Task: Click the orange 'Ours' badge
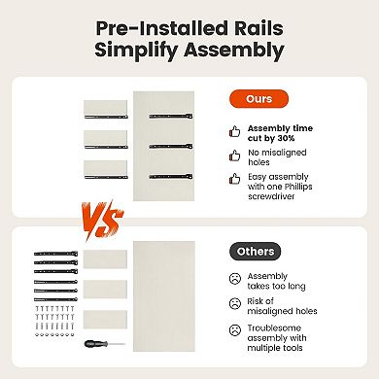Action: (x=258, y=99)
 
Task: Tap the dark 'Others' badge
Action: (x=256, y=252)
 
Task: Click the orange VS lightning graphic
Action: (x=102, y=221)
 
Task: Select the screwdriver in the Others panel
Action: (x=104, y=344)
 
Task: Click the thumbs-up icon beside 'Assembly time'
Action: (x=235, y=131)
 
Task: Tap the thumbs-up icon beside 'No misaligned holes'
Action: (x=235, y=155)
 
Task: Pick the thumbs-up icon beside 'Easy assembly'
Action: (x=235, y=179)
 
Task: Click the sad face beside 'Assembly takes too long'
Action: (x=235, y=279)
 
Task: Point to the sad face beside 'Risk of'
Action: (x=235, y=303)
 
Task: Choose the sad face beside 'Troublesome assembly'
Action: (x=235, y=330)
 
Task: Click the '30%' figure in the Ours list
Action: (x=286, y=138)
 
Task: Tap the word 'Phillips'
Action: (x=298, y=187)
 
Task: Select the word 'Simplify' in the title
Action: (x=136, y=51)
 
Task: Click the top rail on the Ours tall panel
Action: (x=171, y=116)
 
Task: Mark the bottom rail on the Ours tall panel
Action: (x=171, y=177)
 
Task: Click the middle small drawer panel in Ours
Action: (x=106, y=138)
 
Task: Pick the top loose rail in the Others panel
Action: (x=55, y=254)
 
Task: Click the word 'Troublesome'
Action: (x=274, y=328)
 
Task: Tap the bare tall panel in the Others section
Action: (x=164, y=296)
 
